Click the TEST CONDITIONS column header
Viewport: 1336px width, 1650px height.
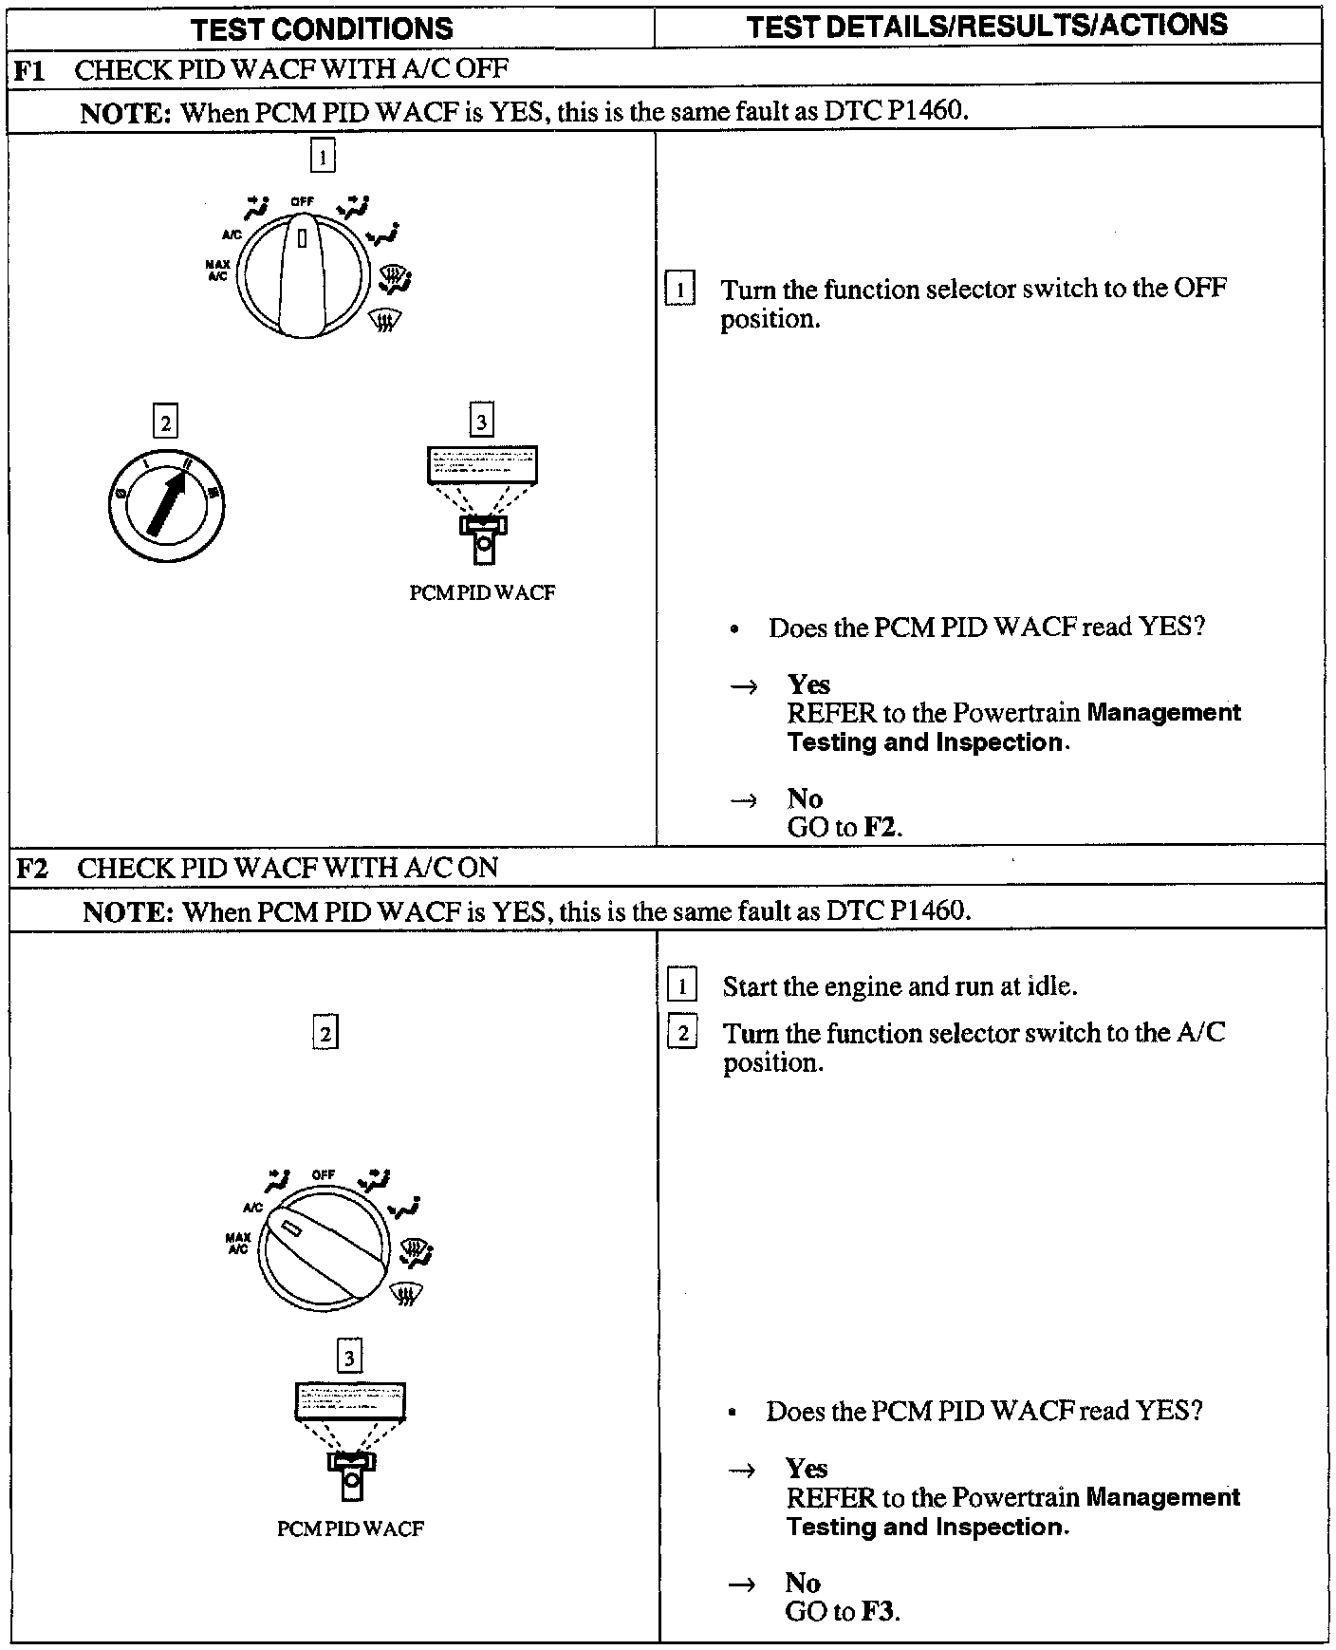pyautogui.click(x=322, y=28)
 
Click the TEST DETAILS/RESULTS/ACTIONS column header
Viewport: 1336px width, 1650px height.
pyautogui.click(x=987, y=26)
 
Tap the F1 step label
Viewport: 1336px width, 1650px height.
pyautogui.click(x=29, y=69)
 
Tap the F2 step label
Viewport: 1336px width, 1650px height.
pyautogui.click(x=31, y=868)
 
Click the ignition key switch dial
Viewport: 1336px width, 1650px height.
pyautogui.click(x=166, y=502)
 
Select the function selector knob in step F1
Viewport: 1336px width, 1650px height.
pyautogui.click(x=301, y=274)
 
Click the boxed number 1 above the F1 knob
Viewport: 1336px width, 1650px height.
pyautogui.click(x=323, y=156)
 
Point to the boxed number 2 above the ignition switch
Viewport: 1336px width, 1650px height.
pyautogui.click(x=165, y=422)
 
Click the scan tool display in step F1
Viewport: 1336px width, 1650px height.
pyautogui.click(x=482, y=465)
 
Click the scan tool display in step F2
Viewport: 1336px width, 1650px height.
pyautogui.click(x=350, y=1401)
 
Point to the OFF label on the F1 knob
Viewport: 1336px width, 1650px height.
pyautogui.click(x=302, y=201)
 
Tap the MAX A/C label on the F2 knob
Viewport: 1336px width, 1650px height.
pyautogui.click(x=237, y=1243)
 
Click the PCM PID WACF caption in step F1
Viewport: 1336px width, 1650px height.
pyautogui.click(x=482, y=592)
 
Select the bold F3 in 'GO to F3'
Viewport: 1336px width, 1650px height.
pyautogui.click(x=880, y=1611)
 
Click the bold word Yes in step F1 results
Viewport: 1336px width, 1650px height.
pyautogui.click(x=808, y=684)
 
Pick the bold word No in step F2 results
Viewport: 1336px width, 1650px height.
pyautogui.click(x=803, y=1583)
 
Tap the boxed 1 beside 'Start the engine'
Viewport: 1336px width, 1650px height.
pyautogui.click(x=682, y=986)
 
